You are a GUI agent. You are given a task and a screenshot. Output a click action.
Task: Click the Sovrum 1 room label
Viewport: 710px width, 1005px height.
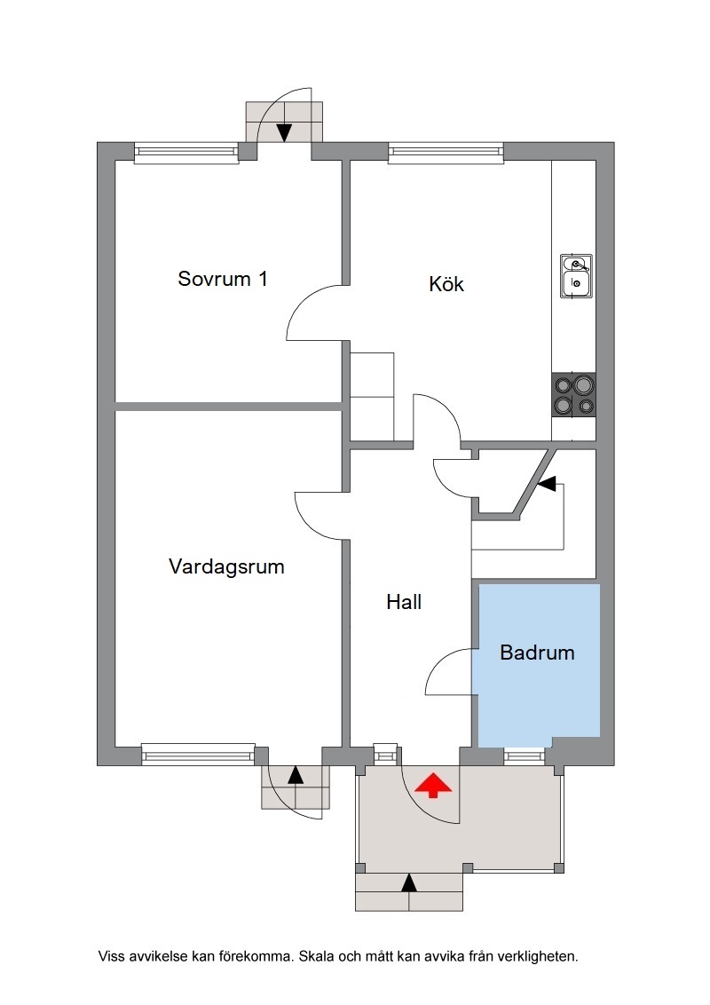click(223, 279)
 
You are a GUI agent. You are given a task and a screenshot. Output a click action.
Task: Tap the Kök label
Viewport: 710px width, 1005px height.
click(446, 283)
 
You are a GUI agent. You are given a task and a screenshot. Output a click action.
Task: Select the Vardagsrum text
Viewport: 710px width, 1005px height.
click(226, 567)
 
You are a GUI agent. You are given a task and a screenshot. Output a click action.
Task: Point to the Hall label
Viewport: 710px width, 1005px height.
click(404, 602)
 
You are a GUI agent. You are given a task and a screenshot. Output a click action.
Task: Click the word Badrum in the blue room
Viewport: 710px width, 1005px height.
click(537, 653)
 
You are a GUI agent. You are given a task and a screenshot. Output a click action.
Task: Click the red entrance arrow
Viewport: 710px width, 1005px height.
click(432, 785)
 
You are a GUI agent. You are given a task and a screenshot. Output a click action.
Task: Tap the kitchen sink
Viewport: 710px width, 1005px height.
click(576, 276)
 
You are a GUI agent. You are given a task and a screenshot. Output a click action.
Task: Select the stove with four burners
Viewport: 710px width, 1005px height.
click(573, 395)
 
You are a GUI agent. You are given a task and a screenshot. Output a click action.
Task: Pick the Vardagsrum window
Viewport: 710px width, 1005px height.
click(198, 755)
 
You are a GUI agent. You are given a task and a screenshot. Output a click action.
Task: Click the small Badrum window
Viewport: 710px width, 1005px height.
click(524, 756)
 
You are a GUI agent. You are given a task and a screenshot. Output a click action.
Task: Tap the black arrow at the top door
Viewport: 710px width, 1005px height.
click(284, 132)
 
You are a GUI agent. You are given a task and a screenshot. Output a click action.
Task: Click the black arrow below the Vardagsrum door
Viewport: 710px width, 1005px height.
click(296, 775)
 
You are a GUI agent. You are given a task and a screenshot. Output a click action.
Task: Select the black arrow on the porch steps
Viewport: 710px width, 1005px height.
click(409, 882)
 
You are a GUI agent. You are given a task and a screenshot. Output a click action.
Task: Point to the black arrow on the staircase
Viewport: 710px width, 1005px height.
click(546, 484)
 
